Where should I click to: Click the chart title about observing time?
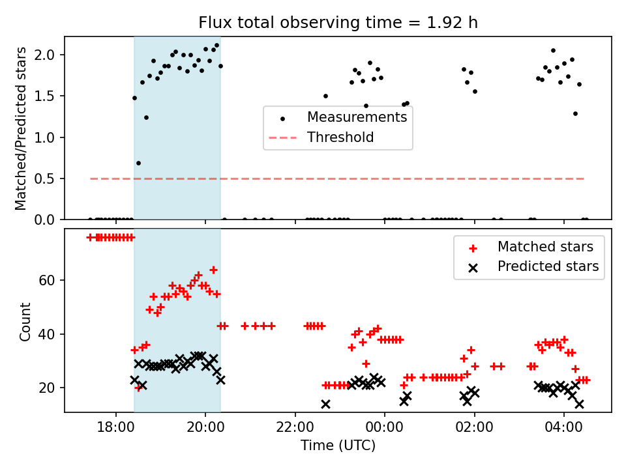(338, 23)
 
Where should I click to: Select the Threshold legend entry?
(340, 137)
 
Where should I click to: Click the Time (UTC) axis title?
(338, 446)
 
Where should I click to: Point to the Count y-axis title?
(25, 321)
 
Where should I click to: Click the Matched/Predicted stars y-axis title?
(22, 128)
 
